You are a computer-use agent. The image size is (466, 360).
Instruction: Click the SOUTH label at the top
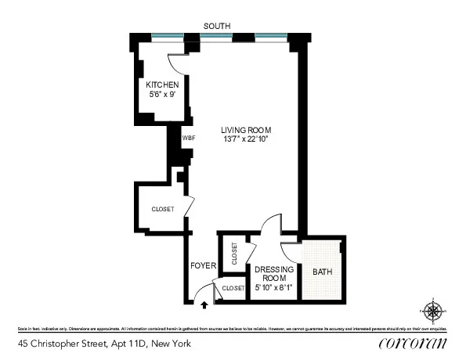tap(217, 26)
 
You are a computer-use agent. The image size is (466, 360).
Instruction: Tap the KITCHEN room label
tap(162, 85)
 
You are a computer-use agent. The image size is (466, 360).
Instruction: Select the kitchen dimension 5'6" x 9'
tap(162, 94)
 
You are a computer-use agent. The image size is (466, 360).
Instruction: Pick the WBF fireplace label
tap(188, 138)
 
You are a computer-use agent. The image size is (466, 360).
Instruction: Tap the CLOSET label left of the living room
tap(163, 209)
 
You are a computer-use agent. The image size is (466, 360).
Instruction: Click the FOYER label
tap(203, 266)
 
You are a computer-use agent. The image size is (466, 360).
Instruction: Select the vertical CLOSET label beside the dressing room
tap(233, 253)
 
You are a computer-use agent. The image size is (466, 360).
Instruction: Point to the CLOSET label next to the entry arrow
tap(233, 289)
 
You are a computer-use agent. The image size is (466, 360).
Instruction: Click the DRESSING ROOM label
tap(273, 274)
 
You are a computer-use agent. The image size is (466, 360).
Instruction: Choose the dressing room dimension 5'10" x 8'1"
tap(273, 288)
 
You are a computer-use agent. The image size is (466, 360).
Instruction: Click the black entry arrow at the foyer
tap(205, 297)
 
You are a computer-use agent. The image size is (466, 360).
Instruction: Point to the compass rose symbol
tap(433, 311)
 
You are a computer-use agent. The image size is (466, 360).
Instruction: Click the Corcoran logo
tap(413, 343)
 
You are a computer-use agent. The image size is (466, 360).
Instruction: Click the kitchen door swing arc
tap(175, 66)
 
